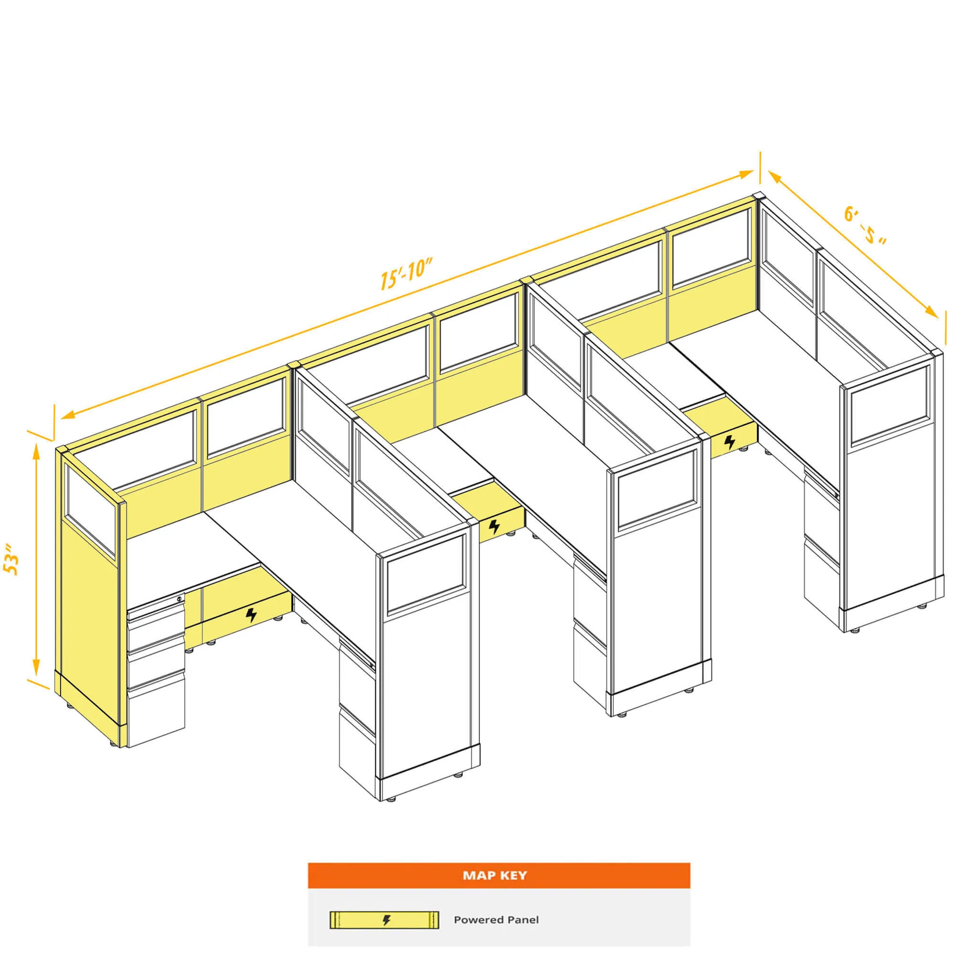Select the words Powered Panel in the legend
[x=496, y=920]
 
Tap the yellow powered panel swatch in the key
[x=384, y=920]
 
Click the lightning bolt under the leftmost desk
[x=252, y=615]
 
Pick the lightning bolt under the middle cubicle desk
[x=494, y=527]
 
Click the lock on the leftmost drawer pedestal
[x=179, y=599]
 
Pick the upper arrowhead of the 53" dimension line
[x=36, y=451]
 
